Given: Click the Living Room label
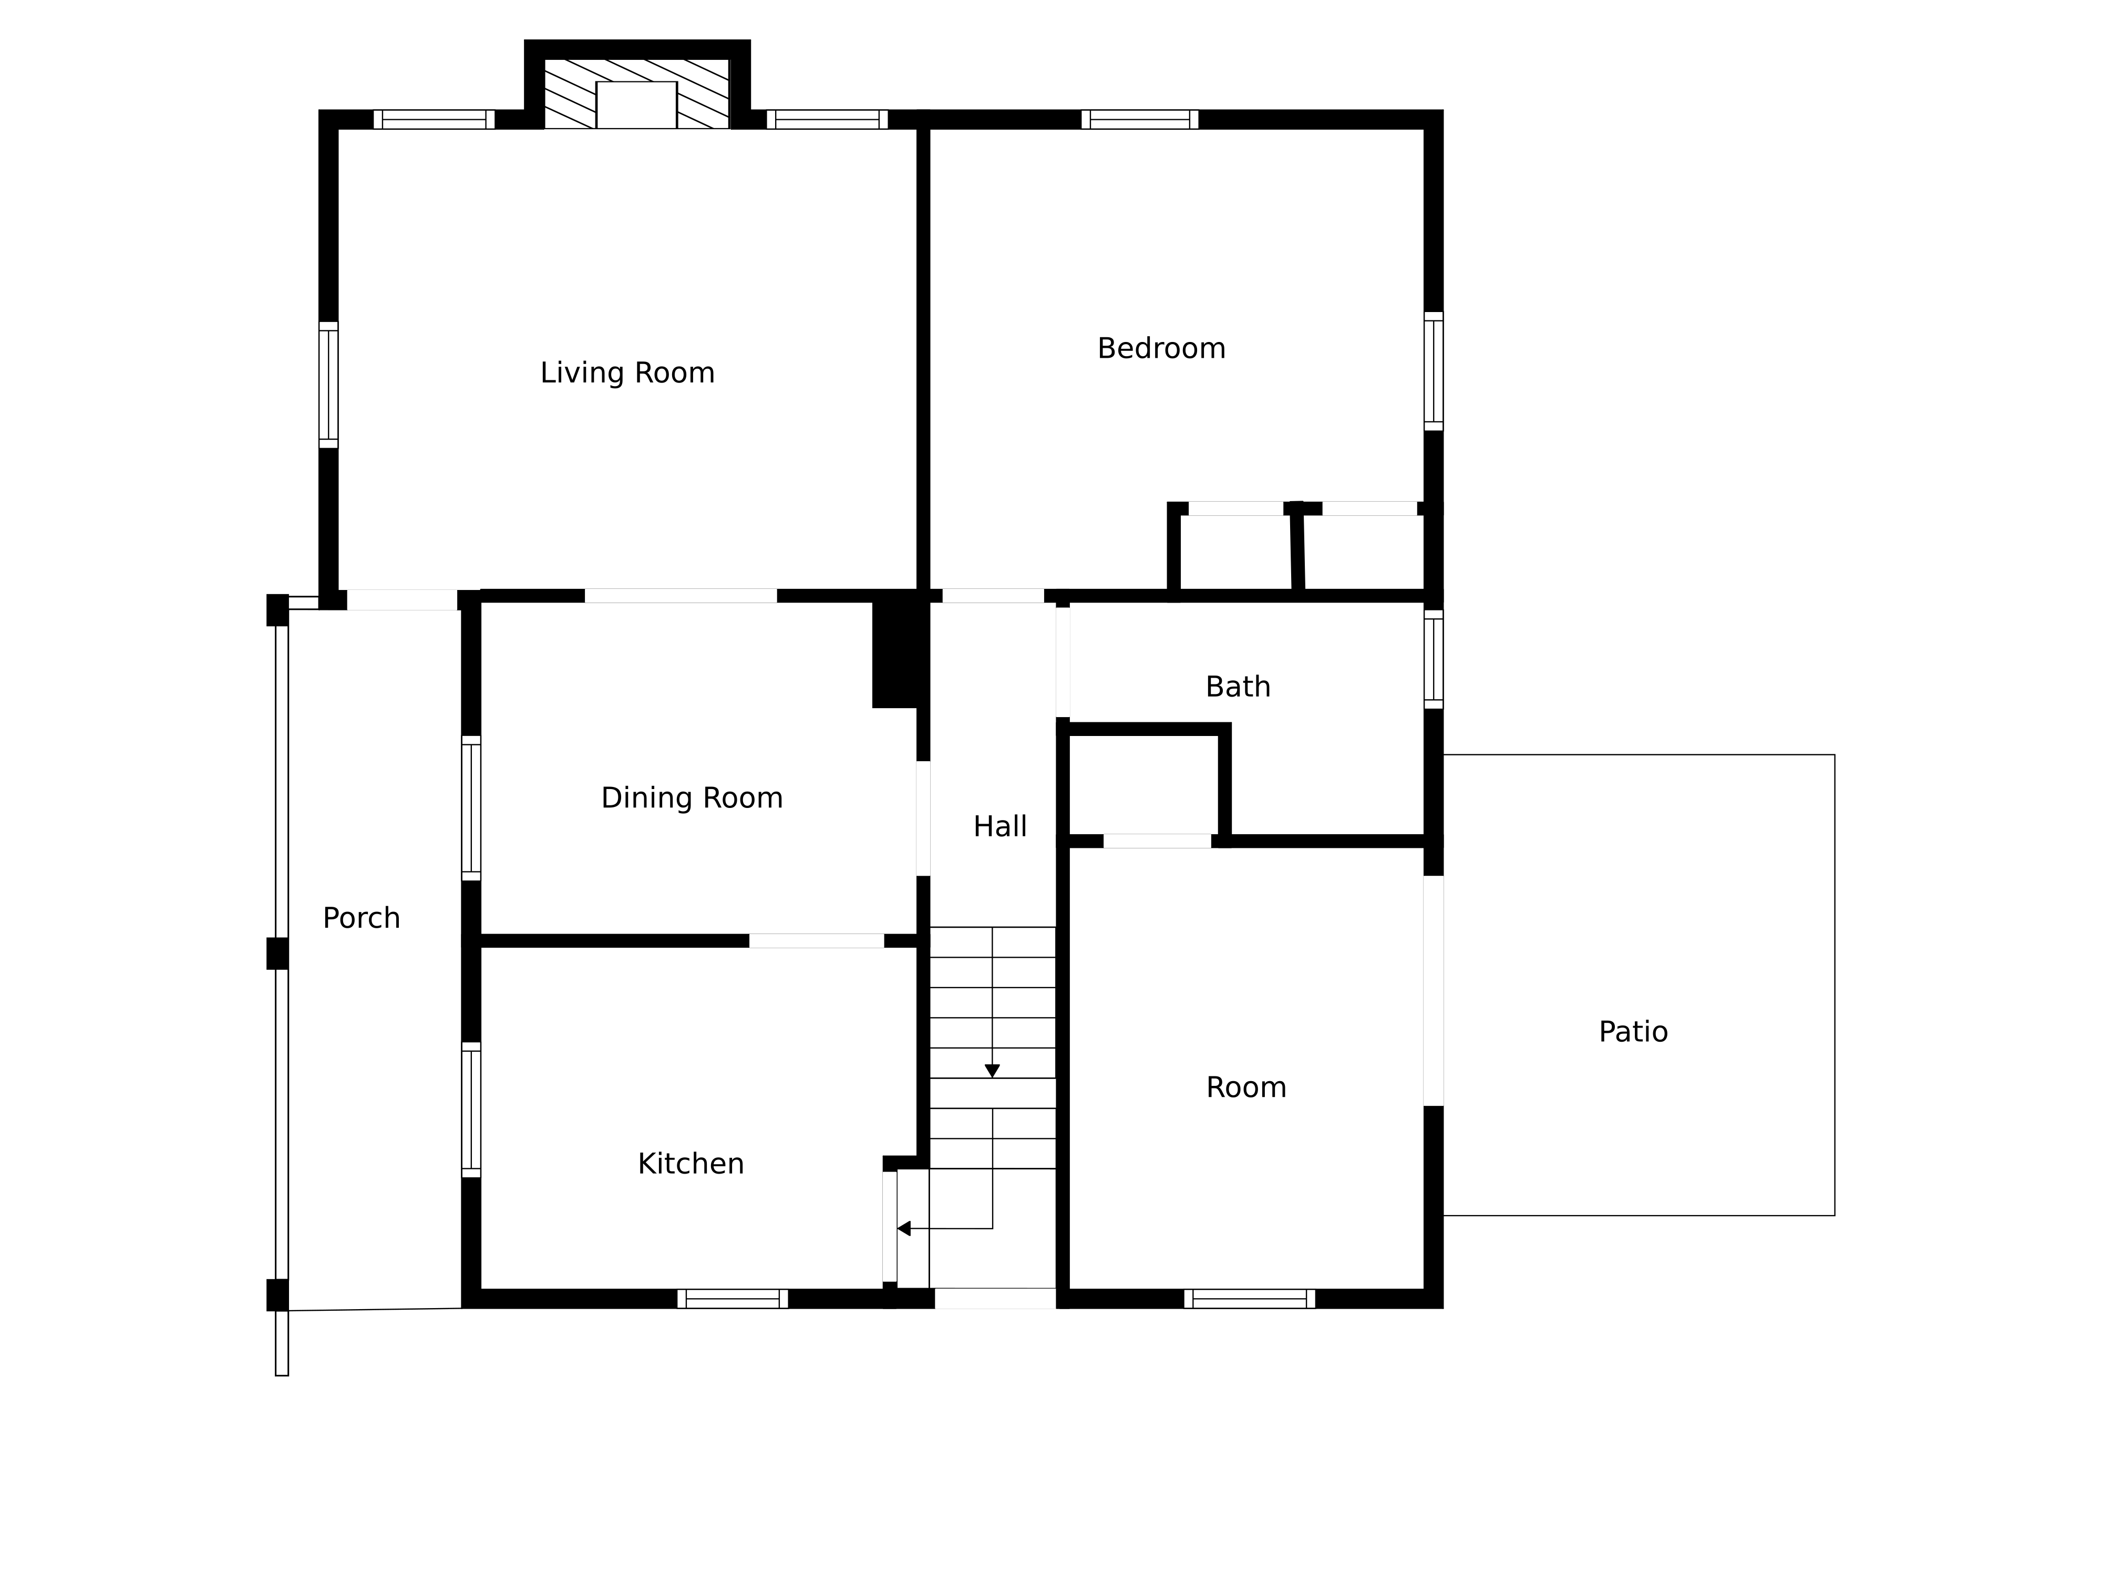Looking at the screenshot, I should pyautogui.click(x=627, y=372).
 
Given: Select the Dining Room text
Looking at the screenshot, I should pyautogui.click(x=692, y=798).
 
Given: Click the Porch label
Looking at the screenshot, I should pyautogui.click(x=361, y=918).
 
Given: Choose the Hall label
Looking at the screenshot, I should pyautogui.click(x=1000, y=826).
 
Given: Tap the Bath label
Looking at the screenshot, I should pyautogui.click(x=1237, y=687).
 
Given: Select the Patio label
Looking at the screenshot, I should pyautogui.click(x=1633, y=1032).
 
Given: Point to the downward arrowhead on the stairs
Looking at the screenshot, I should pyautogui.click(x=992, y=1071).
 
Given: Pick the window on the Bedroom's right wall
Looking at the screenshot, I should pyautogui.click(x=1433, y=370).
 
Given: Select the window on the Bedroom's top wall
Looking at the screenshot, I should pyautogui.click(x=1139, y=120).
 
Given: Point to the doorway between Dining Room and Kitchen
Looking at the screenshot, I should pyautogui.click(x=816, y=940).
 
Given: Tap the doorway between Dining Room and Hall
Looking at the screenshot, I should pyautogui.click(x=923, y=818).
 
